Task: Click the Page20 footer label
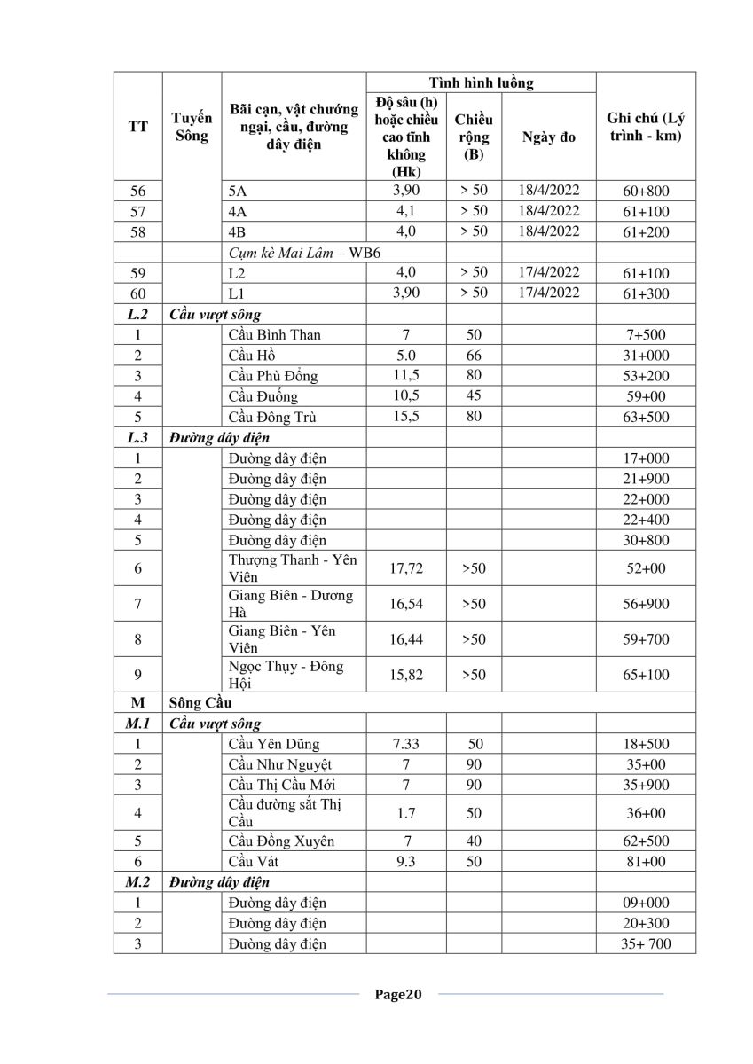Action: coord(398,994)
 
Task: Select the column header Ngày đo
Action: coord(549,137)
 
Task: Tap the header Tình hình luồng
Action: coord(481,83)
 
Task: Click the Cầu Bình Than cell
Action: coord(274,334)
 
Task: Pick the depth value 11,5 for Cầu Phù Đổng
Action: coord(405,375)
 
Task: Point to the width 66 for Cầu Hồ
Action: coord(474,355)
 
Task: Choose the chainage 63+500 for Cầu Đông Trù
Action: coord(646,417)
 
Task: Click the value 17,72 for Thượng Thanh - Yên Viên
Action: coord(405,568)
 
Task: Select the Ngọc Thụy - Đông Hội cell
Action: coord(286,675)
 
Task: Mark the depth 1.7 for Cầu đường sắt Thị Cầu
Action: coord(405,813)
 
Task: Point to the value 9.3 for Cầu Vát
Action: coord(405,861)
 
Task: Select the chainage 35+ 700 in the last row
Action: coord(646,943)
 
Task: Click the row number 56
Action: coord(137,191)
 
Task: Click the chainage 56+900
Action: coord(646,604)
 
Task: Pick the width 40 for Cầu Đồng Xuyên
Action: coord(474,841)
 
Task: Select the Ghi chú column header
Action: coord(646,128)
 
